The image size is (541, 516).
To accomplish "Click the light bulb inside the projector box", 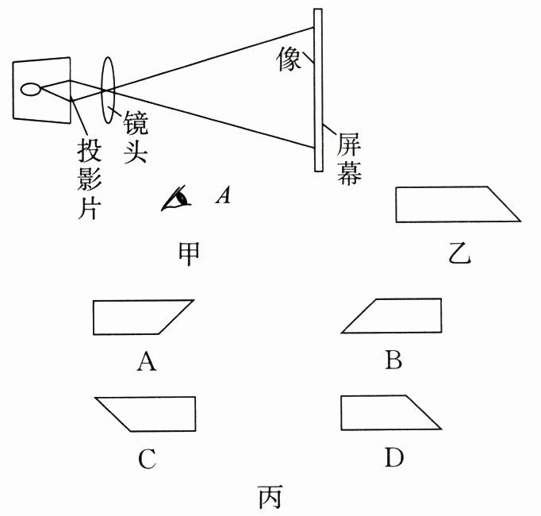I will (33, 88).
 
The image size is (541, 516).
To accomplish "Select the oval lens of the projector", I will (109, 83).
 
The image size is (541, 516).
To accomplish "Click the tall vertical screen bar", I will (318, 89).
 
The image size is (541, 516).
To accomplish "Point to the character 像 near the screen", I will (290, 58).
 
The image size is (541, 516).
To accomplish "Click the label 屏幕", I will (350, 159).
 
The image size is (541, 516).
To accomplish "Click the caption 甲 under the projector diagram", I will (188, 252).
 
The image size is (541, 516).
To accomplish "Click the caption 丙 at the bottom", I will (270, 498).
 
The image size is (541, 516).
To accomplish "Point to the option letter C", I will (145, 458).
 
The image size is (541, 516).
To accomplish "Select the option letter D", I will (393, 458).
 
